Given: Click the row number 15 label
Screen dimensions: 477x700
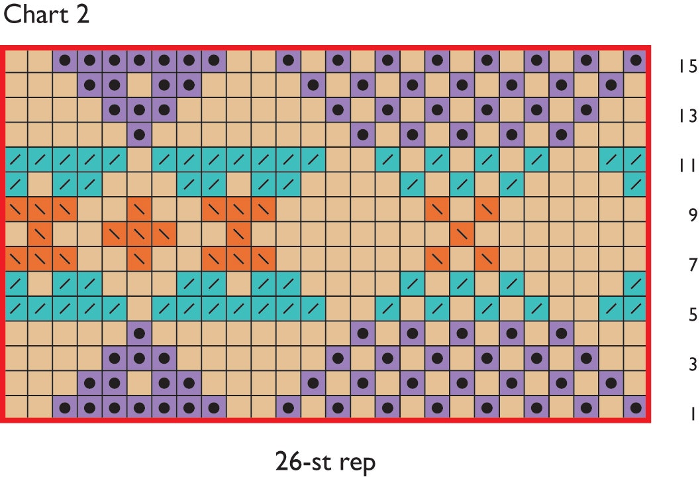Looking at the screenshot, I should coord(688,66).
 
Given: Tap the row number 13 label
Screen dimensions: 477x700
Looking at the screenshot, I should coord(688,116).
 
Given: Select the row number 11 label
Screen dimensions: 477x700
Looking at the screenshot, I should coord(688,166).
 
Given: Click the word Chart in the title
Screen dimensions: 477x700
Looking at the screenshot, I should coord(36,15).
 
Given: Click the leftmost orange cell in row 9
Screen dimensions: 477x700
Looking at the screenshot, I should coord(15,209).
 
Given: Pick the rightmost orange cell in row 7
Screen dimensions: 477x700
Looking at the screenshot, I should coord(487,258).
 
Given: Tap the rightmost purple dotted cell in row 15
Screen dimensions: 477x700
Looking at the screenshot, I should coord(636,60).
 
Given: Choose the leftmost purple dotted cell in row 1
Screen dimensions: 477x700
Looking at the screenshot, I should coord(65,407).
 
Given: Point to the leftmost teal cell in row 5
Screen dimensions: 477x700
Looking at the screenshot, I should coord(15,308).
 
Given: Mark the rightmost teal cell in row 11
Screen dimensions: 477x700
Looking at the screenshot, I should coord(636,160).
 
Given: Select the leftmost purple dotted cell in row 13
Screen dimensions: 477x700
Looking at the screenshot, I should coord(115,110).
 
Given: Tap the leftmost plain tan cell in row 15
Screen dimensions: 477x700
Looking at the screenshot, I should coord(15,60).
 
